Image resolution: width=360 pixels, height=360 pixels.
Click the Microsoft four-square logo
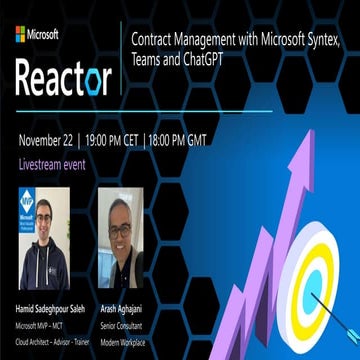[20, 34]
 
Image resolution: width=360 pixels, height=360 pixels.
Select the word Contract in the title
[155, 39]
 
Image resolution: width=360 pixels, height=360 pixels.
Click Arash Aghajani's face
[120, 231]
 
